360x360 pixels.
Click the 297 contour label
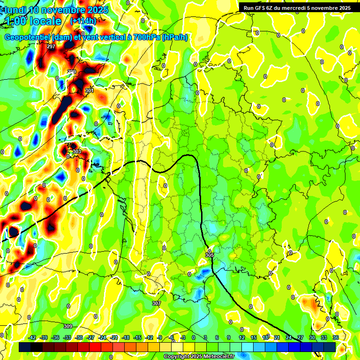pyautogui.click(x=51, y=47)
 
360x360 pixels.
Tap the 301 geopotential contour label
pyautogui.click(x=89, y=90)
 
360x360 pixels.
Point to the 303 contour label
pyautogui.click(x=77, y=151)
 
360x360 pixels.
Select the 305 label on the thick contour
pyautogui.click(x=210, y=255)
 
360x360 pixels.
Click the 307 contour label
pyautogui.click(x=157, y=303)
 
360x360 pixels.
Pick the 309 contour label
pyautogui.click(x=68, y=326)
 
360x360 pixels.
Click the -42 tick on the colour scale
pyautogui.click(x=32, y=337)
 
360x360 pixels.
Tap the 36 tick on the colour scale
pyautogui.click(x=335, y=337)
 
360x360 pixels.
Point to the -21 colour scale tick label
pyautogui.click(x=114, y=337)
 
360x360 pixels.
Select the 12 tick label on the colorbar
pyautogui.click(x=241, y=337)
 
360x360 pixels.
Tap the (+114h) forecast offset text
pyautogui.click(x=83, y=21)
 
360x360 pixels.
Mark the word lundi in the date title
pyautogui.click(x=15, y=10)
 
